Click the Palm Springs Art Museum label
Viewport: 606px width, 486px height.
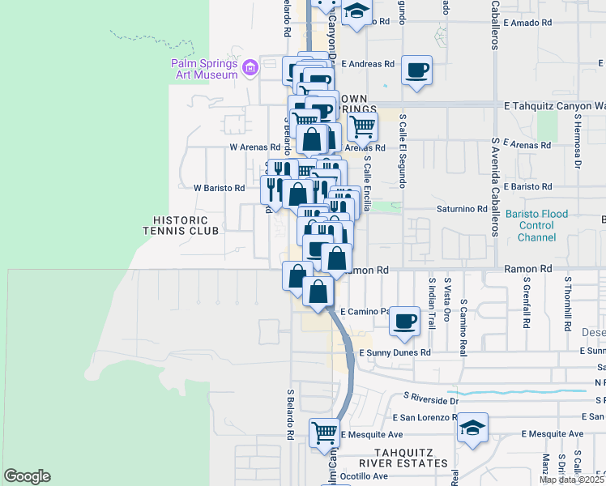[203, 69]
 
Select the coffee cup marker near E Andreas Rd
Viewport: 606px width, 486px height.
[417, 70]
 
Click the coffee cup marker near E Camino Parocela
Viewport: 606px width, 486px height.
[404, 321]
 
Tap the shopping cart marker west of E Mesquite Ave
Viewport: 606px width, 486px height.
[324, 432]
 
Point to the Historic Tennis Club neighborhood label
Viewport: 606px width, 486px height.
[181, 225]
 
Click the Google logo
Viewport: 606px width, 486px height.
[27, 476]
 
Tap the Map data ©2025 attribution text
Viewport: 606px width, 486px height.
[571, 480]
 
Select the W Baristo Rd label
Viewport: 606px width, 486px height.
[219, 188]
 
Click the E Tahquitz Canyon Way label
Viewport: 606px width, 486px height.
[554, 105]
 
